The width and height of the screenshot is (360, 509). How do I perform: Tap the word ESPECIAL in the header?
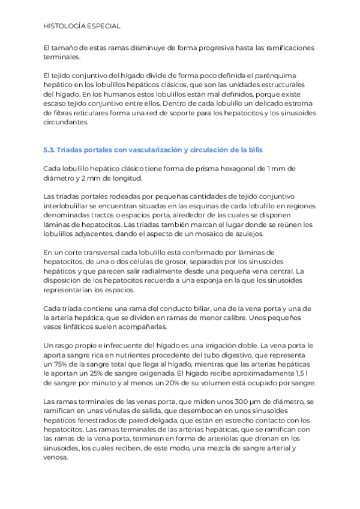click(104, 26)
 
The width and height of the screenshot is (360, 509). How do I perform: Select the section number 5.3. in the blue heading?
click(52, 149)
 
